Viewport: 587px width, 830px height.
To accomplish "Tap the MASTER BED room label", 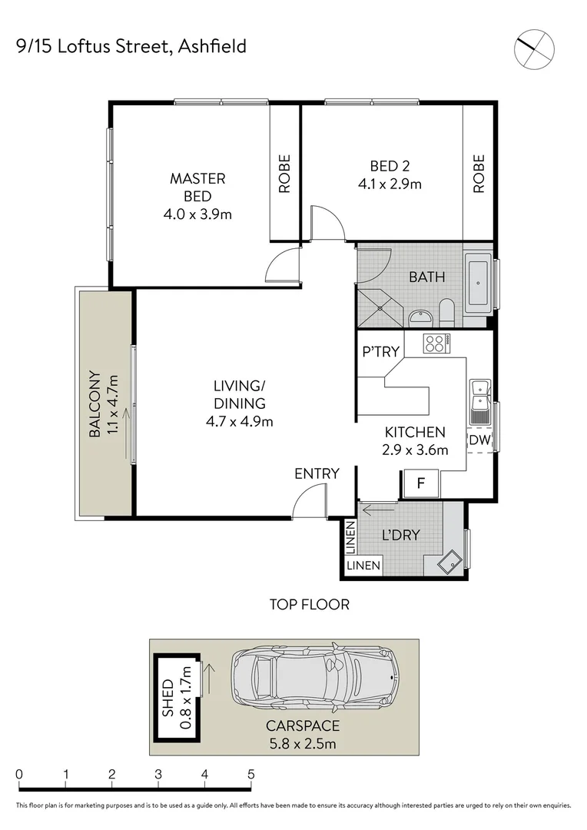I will pos(197,188).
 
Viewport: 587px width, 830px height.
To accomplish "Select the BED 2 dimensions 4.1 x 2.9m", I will pos(390,184).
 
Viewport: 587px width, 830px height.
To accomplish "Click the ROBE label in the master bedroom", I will pos(285,173).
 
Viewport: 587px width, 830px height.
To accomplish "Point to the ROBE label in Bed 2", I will pos(479,173).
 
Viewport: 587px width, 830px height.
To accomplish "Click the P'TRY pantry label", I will pos(381,353).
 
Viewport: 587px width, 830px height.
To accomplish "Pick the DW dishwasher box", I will pos(479,440).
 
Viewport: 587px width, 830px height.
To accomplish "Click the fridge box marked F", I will pos(420,484).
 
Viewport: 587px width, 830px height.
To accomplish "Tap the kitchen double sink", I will pos(480,400).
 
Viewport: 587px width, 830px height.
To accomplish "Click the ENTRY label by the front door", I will pos(317,474).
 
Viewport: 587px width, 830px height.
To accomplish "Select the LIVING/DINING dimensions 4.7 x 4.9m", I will pos(240,421).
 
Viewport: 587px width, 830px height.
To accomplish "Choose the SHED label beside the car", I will pos(168,697).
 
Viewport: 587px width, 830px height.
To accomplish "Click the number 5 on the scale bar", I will pos(251,774).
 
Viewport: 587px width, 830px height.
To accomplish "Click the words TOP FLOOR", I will pos(309,605).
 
